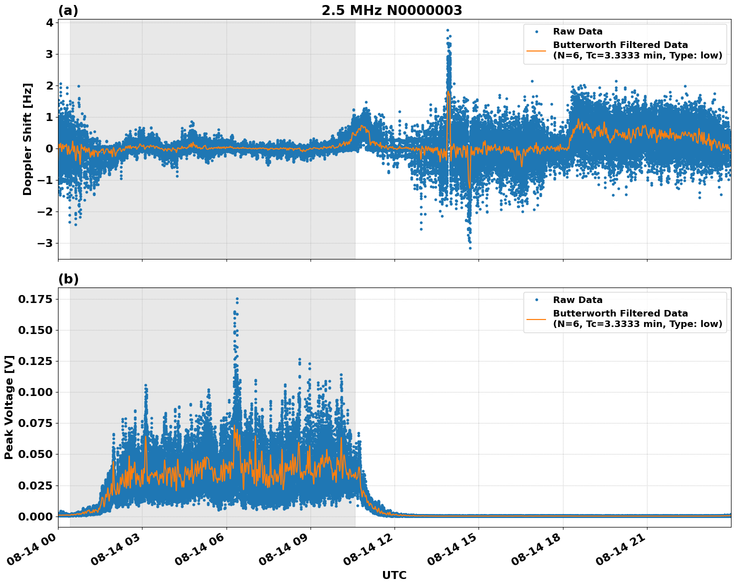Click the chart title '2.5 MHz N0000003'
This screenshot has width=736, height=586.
pos(391,10)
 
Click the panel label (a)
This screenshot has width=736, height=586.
pos(68,10)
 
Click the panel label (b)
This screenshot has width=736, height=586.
pos(68,279)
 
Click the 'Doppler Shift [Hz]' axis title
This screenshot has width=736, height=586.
pos(27,139)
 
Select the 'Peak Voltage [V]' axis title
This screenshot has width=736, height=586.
pos(8,407)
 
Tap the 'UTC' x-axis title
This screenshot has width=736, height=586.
pos(394,575)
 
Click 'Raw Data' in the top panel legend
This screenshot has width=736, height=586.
pos(577,31)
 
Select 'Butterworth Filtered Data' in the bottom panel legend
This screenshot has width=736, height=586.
pos(620,313)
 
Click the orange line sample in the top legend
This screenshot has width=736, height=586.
pos(536,50)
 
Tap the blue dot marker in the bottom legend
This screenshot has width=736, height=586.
pos(536,300)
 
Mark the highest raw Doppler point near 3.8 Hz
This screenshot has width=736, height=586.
pos(447,30)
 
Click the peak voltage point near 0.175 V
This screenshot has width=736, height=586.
pos(237,298)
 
